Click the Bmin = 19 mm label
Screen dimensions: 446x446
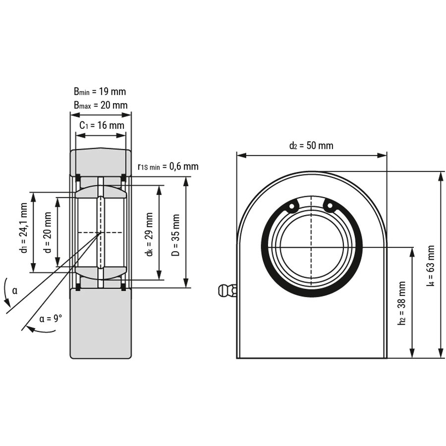100,91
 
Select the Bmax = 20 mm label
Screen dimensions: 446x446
101,105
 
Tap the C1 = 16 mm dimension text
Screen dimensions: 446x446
102,125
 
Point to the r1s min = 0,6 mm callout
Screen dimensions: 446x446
168,166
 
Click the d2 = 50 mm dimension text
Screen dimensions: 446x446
311,146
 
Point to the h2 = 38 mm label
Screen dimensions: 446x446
402,303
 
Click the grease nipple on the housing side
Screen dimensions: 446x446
226,289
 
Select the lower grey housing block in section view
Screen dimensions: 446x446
101,322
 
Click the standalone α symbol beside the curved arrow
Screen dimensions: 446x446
15,290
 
